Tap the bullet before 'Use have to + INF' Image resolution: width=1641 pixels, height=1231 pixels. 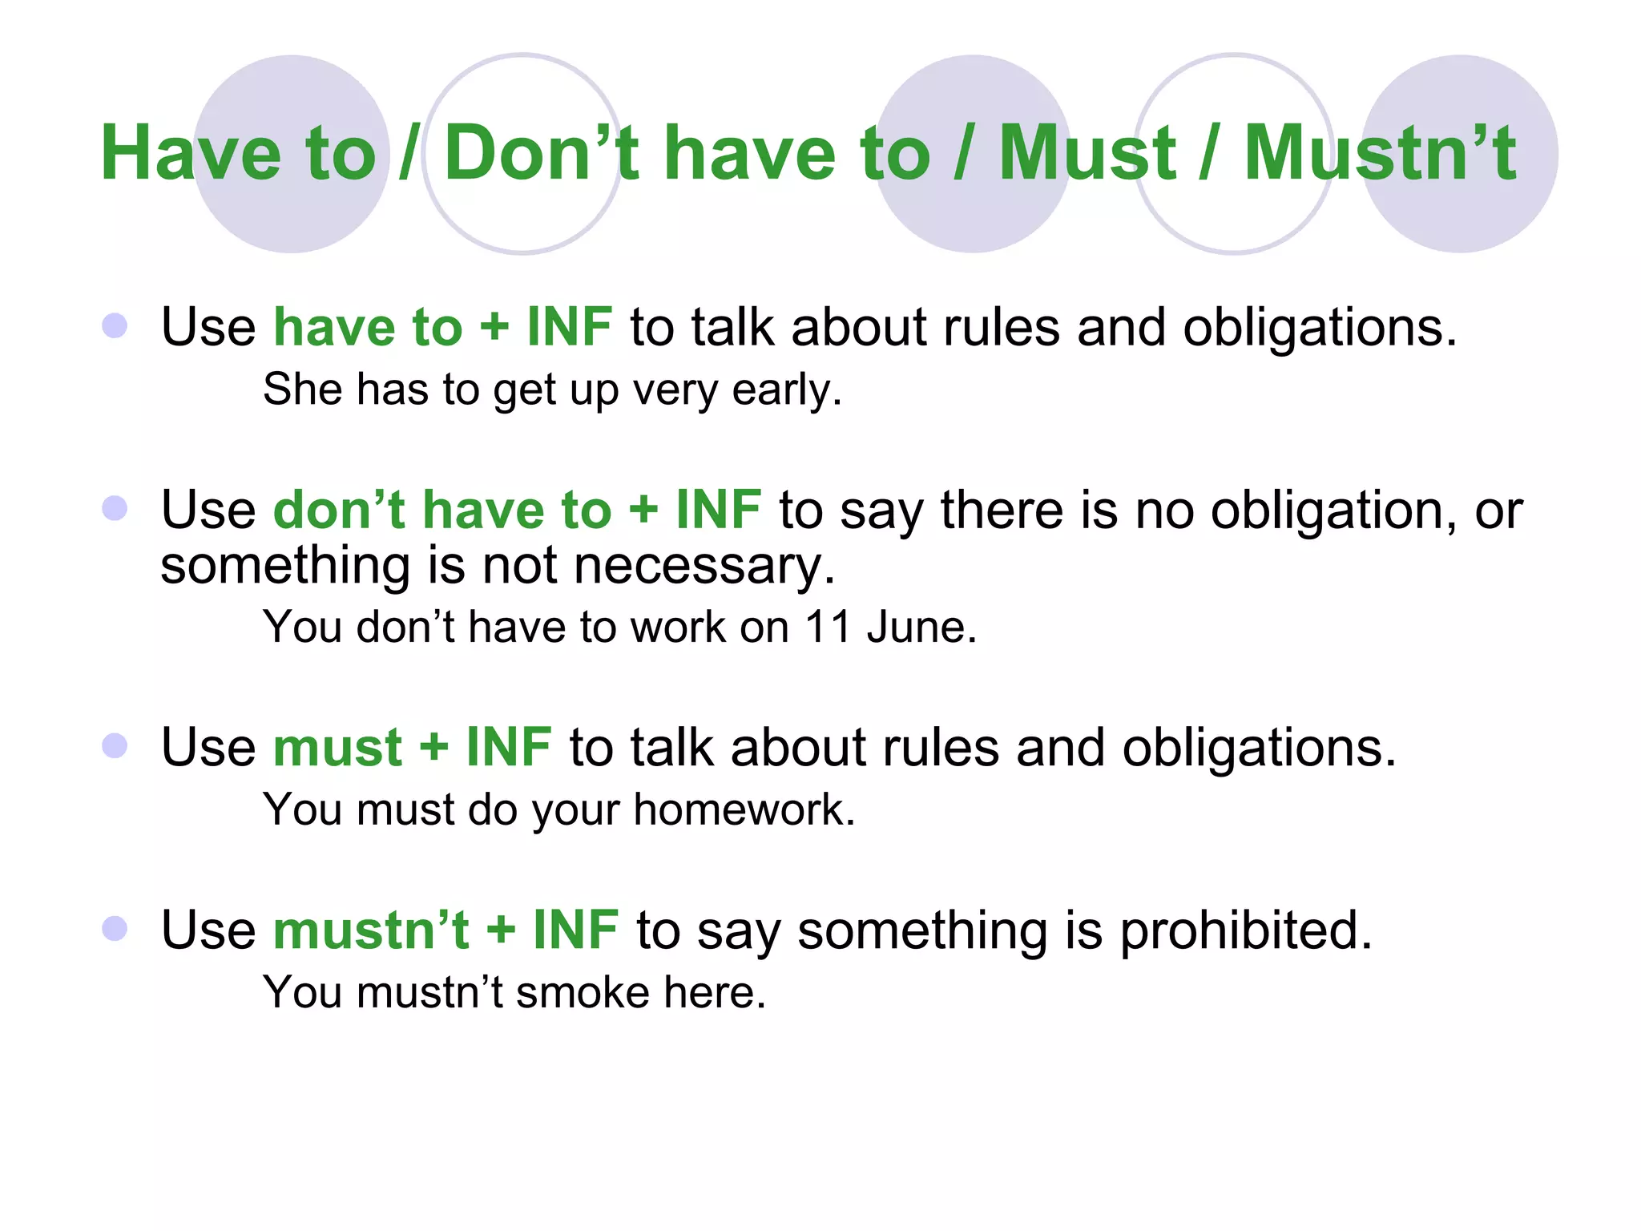tap(115, 325)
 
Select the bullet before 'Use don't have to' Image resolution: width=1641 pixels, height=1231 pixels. tap(115, 508)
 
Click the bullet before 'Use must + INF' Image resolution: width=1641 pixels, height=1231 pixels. tap(115, 745)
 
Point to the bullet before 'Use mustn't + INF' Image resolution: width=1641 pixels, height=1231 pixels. tap(115, 928)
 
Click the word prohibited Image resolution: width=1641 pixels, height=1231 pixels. tap(1246, 931)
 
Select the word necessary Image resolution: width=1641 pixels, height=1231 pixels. tap(704, 566)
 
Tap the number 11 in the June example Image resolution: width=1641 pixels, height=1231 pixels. tap(827, 627)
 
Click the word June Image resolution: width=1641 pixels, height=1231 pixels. tap(921, 627)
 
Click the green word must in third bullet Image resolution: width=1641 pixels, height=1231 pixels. tap(337, 747)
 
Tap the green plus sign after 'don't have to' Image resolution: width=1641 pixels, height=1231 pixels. tap(643, 510)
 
